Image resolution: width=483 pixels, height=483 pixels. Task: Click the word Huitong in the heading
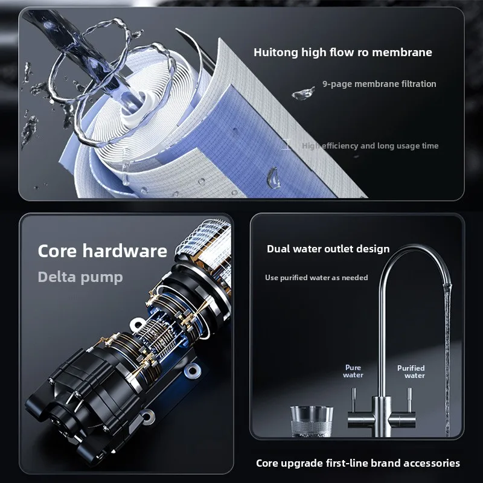point(276,53)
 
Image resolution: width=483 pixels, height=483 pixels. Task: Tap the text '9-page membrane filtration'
point(379,84)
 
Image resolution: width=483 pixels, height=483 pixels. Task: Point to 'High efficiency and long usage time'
point(370,146)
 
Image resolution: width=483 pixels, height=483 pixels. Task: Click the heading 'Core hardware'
point(102,251)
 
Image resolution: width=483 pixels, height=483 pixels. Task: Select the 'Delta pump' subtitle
point(80,277)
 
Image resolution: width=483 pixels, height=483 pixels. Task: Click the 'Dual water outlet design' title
point(328,249)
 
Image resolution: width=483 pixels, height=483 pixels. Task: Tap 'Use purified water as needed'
point(316,278)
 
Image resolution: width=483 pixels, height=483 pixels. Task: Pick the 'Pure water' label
point(353,371)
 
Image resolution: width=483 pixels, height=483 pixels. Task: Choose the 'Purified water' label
point(411,372)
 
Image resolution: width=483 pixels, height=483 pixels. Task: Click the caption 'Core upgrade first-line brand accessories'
point(358,463)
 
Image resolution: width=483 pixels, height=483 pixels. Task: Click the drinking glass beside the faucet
point(312,421)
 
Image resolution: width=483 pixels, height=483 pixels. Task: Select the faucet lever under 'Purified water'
point(409,400)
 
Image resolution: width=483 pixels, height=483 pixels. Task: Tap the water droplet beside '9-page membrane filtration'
point(303,94)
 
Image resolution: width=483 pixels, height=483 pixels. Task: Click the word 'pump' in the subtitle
point(101,278)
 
